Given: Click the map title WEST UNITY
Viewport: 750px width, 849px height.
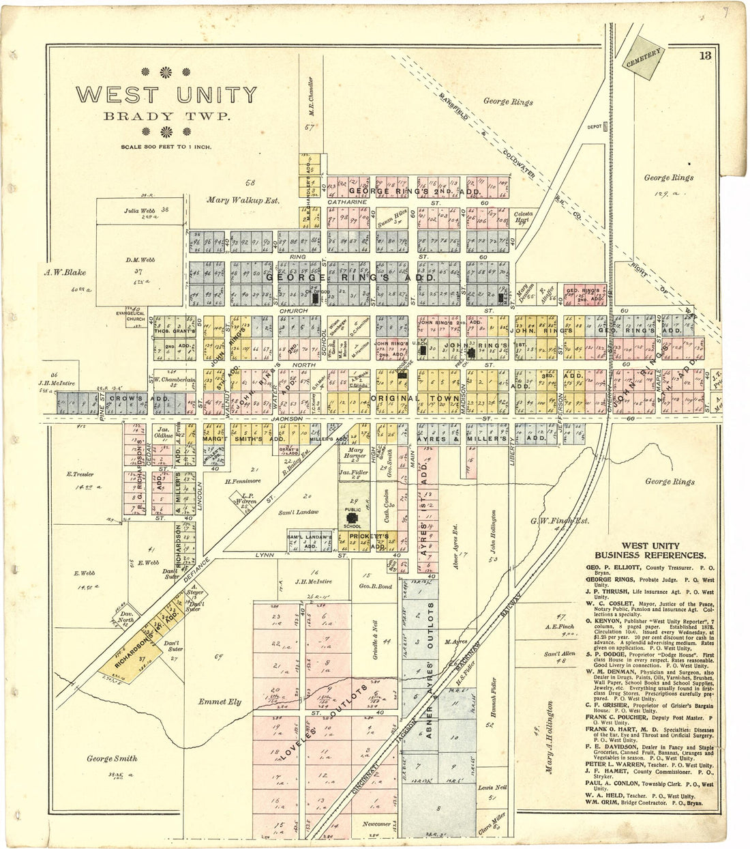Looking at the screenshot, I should coord(166,95).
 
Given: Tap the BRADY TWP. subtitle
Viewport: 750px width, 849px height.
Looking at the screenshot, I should coord(166,116).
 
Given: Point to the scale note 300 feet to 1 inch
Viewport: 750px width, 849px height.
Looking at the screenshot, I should coord(166,147).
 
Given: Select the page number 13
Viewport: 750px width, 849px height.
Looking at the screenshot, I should coord(704,55).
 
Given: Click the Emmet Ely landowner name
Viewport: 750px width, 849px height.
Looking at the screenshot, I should coord(220,702).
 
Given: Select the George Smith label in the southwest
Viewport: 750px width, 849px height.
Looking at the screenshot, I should coord(112,758).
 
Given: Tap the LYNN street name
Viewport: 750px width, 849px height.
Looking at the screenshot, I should coord(264,556).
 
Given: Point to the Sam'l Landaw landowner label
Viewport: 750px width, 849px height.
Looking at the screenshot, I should coord(298,512).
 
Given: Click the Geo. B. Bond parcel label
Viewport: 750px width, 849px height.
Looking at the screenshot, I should coord(375,586).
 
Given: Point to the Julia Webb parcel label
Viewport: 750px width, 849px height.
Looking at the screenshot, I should coord(141,211).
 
